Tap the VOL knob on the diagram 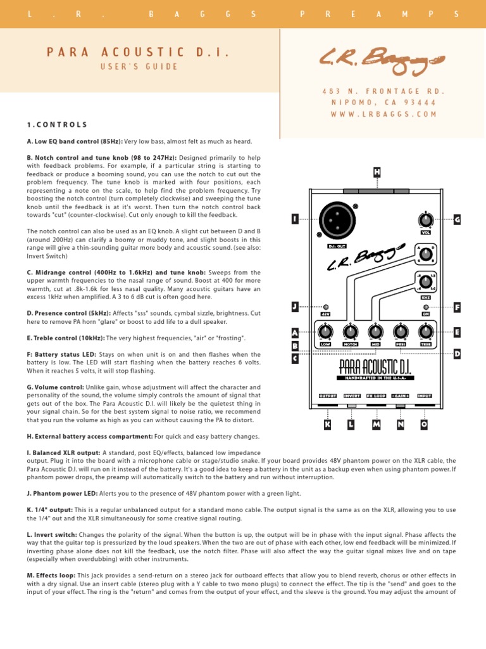coord(426,221)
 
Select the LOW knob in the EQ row coord(325,331)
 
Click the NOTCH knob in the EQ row coord(350,331)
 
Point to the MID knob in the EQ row coord(375,331)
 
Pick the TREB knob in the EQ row coord(426,331)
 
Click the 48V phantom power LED coord(326,307)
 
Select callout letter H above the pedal coord(377,172)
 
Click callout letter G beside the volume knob coord(456,219)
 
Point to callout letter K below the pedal coord(327,425)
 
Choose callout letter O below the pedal coord(424,425)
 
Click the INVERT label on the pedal coord(352,396)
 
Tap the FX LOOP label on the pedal coord(376,396)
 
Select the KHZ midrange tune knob coord(426,280)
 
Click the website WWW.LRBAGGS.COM coord(384,114)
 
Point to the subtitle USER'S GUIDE coord(139,67)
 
